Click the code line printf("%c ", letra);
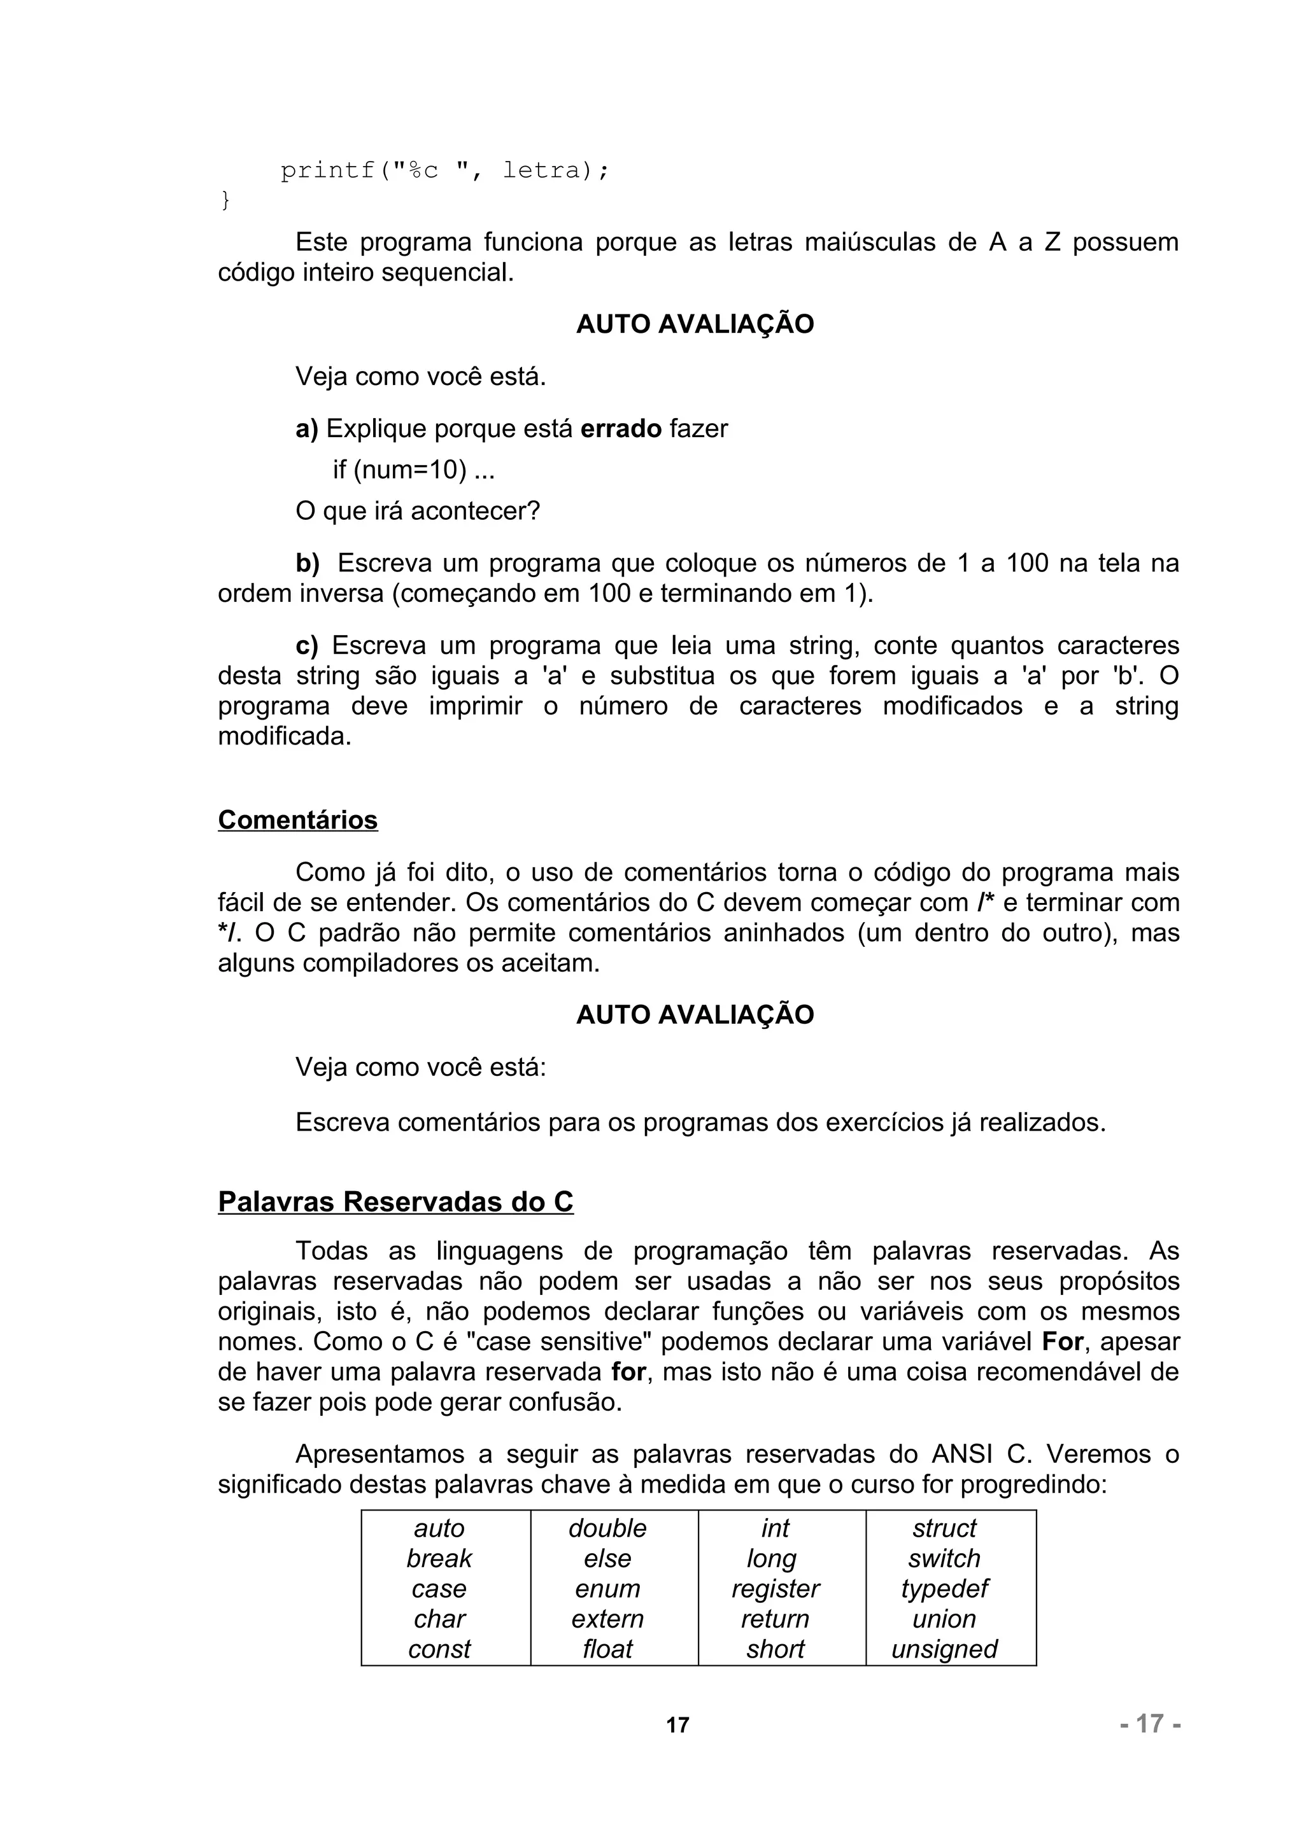tap(444, 171)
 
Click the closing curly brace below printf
tap(225, 200)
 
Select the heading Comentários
tap(297, 820)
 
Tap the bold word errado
tap(620, 429)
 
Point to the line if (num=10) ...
tap(413, 470)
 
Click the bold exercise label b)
tap(307, 564)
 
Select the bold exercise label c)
tap(306, 646)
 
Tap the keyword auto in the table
tap(439, 1528)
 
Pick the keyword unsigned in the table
tap(944, 1649)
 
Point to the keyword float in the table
tap(607, 1649)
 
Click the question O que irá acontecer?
tap(417, 511)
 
